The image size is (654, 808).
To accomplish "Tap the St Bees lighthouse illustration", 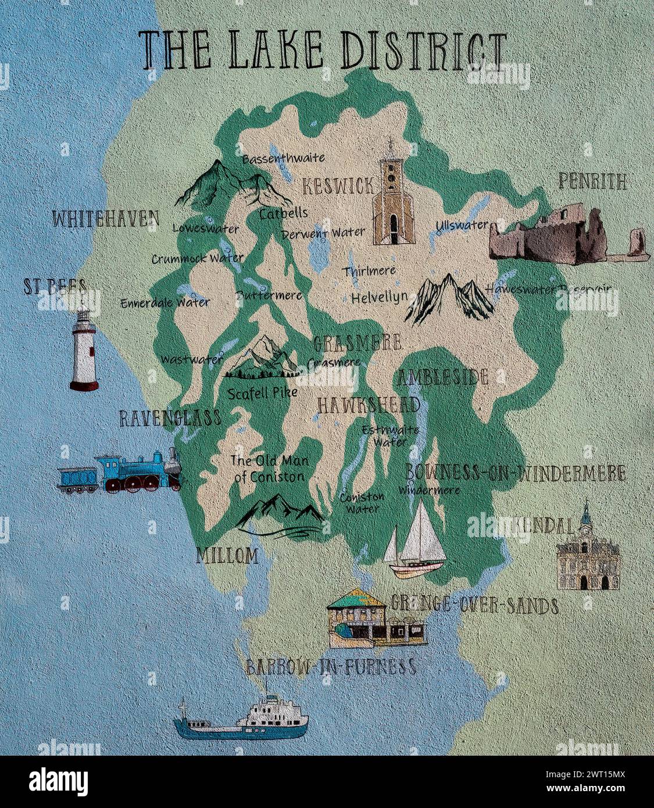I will click(84, 351).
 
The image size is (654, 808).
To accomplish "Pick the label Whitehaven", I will click(105, 219).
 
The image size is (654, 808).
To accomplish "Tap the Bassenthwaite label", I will click(283, 158).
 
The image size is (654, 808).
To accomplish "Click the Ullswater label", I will click(462, 225).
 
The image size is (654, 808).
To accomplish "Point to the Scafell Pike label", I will click(262, 393).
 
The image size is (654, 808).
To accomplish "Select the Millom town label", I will click(227, 556).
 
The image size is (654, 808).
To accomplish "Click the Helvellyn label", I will click(379, 298).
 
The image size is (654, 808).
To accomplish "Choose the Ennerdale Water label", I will click(165, 302).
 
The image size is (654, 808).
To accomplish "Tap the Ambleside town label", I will click(443, 377).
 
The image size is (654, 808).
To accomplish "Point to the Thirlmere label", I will click(369, 271).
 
